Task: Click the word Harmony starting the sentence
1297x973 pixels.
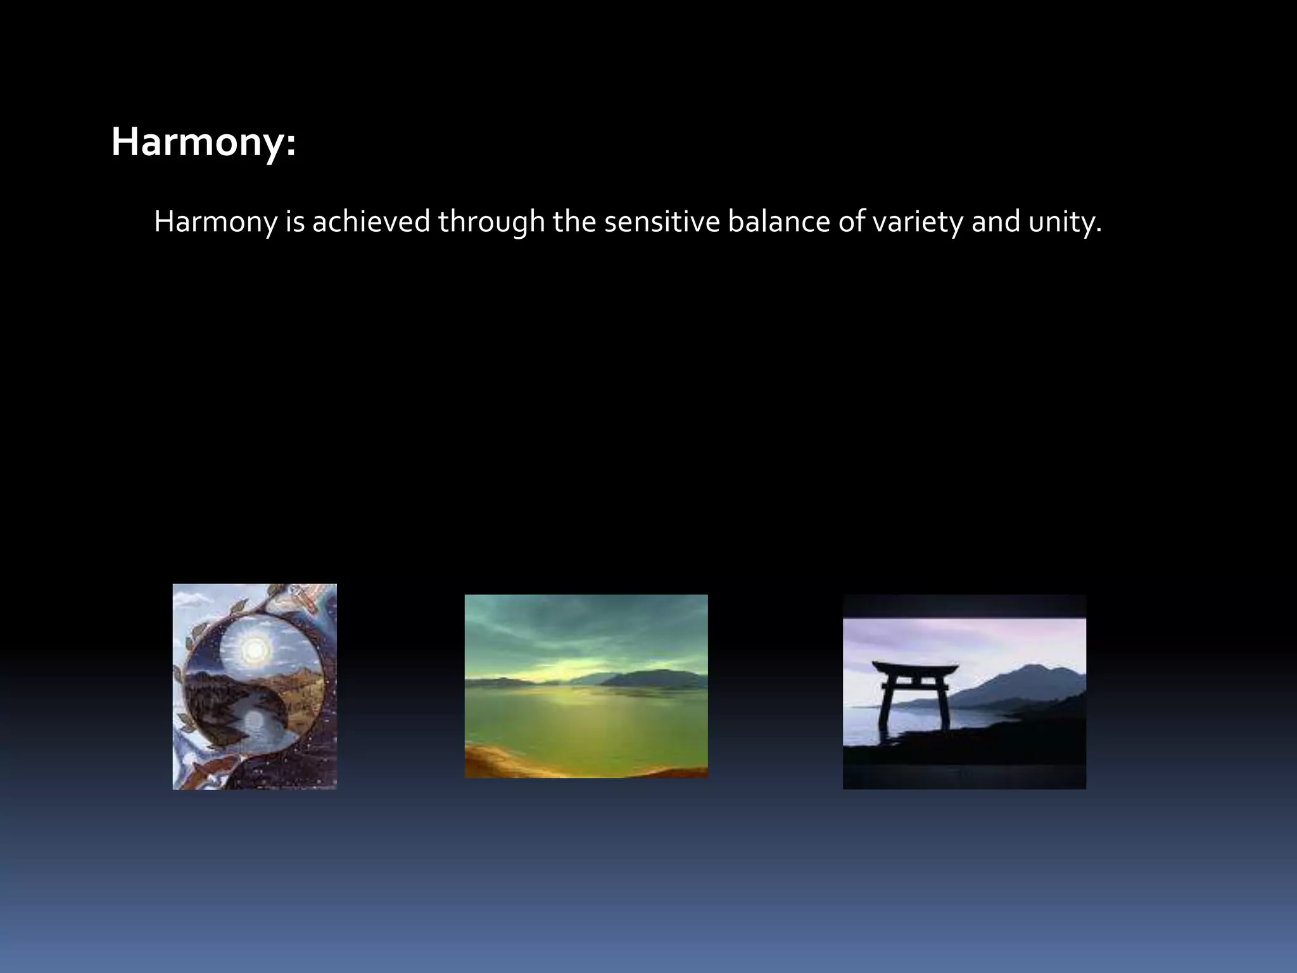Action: pos(215,222)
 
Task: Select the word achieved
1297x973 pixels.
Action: pos(371,222)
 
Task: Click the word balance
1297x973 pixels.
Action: pos(778,222)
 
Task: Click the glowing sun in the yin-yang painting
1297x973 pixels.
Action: pos(254,647)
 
